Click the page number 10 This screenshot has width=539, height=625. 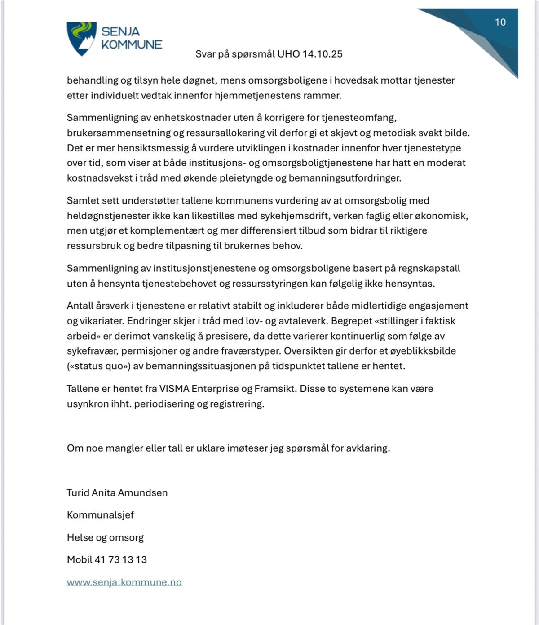pyautogui.click(x=500, y=22)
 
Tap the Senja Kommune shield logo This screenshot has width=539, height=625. pyautogui.click(x=81, y=39)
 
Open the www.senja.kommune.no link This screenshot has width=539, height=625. pyautogui.click(x=124, y=582)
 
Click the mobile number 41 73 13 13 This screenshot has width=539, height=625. pyautogui.click(x=120, y=560)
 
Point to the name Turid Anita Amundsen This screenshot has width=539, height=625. pyautogui.click(x=117, y=493)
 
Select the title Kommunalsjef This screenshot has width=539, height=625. pyautogui.click(x=100, y=515)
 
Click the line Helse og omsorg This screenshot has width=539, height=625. pyautogui.click(x=105, y=537)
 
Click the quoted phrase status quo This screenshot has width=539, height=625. pyautogui.click(x=98, y=366)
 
